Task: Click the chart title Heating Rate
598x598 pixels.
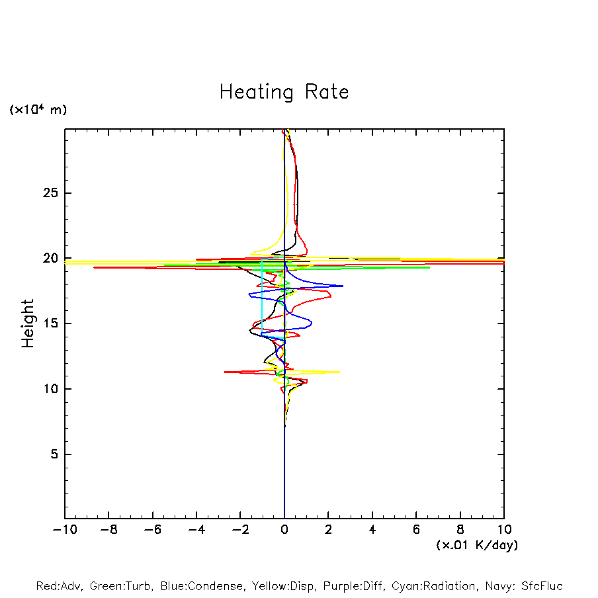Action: [284, 92]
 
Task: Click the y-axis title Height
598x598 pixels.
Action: [28, 323]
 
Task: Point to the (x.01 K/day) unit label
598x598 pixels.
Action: [476, 545]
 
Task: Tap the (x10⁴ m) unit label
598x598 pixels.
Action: [38, 110]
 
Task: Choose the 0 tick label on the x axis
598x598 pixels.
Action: [284, 530]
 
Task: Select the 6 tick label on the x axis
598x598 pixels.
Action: [416, 530]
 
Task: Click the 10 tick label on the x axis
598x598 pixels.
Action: [503, 530]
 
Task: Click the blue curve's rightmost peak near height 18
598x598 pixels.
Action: [343, 286]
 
